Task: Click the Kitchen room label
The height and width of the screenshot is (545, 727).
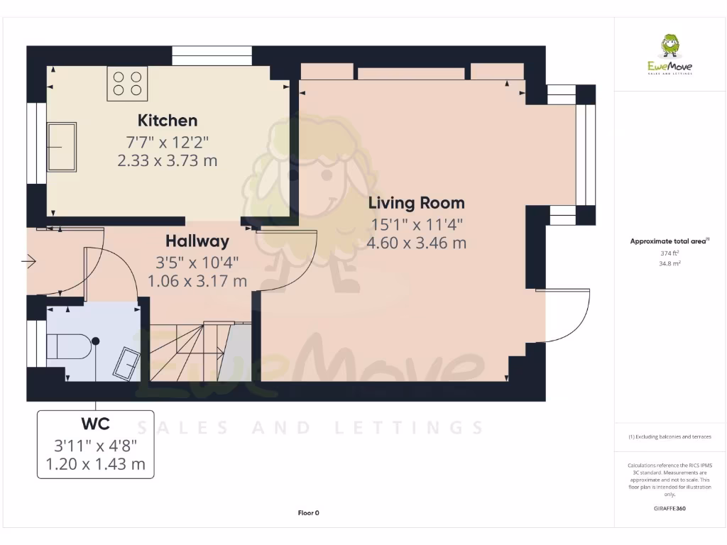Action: (x=168, y=120)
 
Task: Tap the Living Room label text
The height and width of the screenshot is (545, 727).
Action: (x=416, y=203)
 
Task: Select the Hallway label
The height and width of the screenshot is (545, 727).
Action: (x=197, y=241)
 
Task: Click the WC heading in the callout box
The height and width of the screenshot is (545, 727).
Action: (x=95, y=424)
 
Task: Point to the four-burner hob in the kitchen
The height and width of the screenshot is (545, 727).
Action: (x=127, y=83)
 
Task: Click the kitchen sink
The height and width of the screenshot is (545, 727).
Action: (x=62, y=146)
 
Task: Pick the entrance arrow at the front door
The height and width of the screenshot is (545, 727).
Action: (x=29, y=263)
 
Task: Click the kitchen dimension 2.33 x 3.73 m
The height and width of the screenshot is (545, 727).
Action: (x=168, y=160)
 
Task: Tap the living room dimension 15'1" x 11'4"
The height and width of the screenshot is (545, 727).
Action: (x=416, y=225)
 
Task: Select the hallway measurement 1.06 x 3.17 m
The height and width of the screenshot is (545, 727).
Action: (x=197, y=281)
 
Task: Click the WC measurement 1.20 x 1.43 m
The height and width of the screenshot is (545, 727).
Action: (x=95, y=465)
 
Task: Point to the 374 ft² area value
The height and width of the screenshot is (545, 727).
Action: (x=669, y=253)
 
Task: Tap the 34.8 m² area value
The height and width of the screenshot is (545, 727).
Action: (x=669, y=263)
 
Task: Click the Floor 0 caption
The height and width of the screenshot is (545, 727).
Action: (x=308, y=512)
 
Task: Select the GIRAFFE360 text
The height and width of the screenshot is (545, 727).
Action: (x=669, y=508)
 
